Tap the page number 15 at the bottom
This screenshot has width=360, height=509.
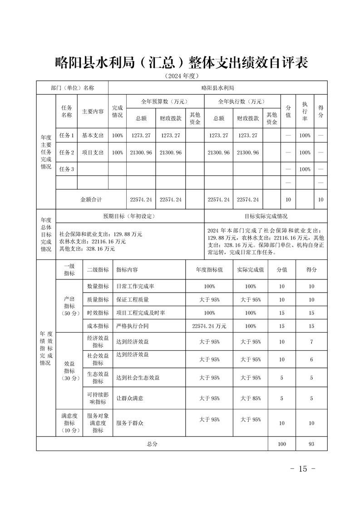click(303, 469)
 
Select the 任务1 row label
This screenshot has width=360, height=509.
click(66, 135)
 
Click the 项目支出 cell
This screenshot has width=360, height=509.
click(93, 152)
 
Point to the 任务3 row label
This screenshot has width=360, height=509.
click(66, 169)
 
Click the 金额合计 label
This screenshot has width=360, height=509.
click(91, 200)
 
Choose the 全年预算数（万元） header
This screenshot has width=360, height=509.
click(165, 101)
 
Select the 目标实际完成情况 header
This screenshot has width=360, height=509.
click(266, 216)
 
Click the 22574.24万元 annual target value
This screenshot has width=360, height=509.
click(209, 326)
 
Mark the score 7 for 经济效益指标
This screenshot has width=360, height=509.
click(311, 342)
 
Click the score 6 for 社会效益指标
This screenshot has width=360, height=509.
click(311, 359)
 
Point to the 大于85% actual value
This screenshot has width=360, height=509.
click(251, 398)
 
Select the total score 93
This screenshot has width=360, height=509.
click(311, 444)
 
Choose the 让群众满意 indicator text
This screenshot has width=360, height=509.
click(130, 398)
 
